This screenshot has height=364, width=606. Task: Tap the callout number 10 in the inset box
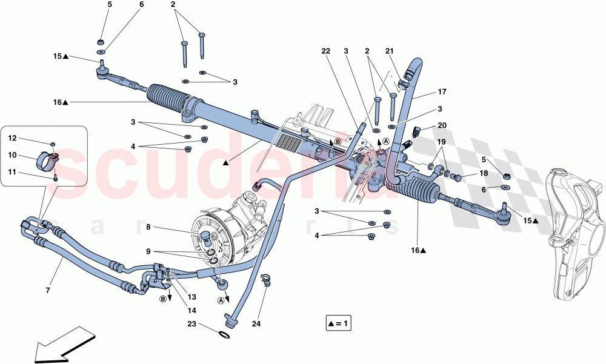point(12,155)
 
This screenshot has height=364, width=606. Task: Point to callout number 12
point(12,139)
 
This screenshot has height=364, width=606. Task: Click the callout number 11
point(12,173)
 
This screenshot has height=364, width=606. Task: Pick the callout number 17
point(442,93)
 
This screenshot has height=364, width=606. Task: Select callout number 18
point(484,173)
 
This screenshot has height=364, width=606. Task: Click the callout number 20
point(442,126)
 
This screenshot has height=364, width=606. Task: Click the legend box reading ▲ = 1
point(337,324)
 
